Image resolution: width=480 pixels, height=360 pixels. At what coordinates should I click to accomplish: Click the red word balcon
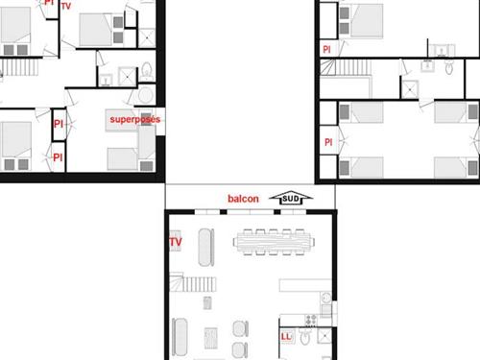pyautogui.click(x=243, y=199)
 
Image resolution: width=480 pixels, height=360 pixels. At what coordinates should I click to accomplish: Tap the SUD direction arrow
pyautogui.click(x=291, y=199)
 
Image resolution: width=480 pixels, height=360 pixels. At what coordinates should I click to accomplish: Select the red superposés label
pyautogui.click(x=135, y=120)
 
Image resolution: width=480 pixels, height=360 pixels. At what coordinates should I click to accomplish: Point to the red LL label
pyautogui.click(x=286, y=337)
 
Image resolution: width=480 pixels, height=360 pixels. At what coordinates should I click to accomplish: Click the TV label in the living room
pyautogui.click(x=176, y=242)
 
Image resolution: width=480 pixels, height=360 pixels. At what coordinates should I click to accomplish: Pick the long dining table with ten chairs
pyautogui.click(x=274, y=242)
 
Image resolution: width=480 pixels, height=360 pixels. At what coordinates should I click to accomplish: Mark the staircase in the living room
pyautogui.click(x=193, y=282)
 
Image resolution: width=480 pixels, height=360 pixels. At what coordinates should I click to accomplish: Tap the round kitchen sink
pyautogui.click(x=326, y=299)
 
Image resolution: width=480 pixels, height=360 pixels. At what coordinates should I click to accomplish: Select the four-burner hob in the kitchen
pyautogui.click(x=310, y=320)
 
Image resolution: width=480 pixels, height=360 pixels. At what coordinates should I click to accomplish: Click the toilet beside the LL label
pyautogui.click(x=305, y=337)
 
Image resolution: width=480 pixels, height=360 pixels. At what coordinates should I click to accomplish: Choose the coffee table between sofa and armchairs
pyautogui.click(x=211, y=338)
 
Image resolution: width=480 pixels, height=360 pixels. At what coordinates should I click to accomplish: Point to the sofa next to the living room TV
pyautogui.click(x=205, y=248)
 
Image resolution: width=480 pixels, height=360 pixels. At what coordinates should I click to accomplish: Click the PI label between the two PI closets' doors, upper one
pyautogui.click(x=59, y=124)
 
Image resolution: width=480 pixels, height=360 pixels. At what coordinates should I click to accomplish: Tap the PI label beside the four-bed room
pyautogui.click(x=328, y=142)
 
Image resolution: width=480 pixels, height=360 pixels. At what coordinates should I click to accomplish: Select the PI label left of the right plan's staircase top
pyautogui.click(x=326, y=50)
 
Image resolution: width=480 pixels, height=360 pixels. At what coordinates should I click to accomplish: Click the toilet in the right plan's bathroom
pyautogui.click(x=449, y=67)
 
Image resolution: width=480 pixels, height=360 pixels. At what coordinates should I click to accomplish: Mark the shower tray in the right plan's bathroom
pyautogui.click(x=410, y=89)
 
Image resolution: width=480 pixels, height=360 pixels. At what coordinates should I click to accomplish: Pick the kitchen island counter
pyautogui.click(x=305, y=285)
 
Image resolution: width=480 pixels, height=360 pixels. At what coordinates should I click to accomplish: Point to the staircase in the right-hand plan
pyautogui.click(x=346, y=67)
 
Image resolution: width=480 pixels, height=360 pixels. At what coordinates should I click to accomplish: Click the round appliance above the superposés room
pyautogui.click(x=146, y=95)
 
